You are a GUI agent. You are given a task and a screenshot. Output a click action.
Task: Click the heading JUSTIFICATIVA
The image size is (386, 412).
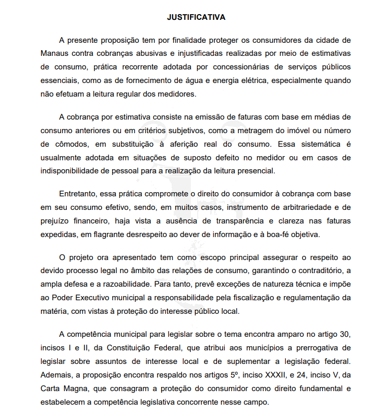pos(196,17)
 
